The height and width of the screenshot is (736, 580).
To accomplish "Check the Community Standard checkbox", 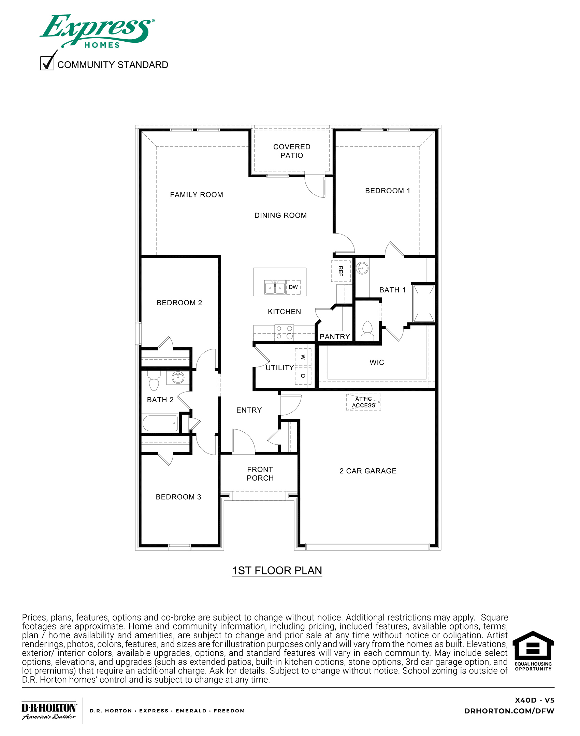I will [47, 63].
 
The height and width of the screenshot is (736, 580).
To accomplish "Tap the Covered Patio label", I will [292, 151].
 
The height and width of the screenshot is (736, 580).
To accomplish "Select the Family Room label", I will [197, 195].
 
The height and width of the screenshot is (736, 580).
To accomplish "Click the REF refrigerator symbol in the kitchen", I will [340, 271].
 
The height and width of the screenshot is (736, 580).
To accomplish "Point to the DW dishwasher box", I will [293, 287].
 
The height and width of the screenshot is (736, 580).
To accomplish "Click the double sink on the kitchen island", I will [275, 288].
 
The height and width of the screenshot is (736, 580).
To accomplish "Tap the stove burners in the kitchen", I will [284, 332].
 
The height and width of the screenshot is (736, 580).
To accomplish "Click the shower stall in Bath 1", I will [423, 304].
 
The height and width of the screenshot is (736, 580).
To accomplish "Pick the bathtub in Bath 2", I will [160, 423].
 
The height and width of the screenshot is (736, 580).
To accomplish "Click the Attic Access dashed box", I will [363, 402].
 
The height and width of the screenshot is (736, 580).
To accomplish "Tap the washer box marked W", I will [303, 357].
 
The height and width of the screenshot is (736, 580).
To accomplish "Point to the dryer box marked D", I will [303, 376].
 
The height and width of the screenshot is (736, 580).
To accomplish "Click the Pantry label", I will [335, 337].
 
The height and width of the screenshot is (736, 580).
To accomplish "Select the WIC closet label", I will [377, 362].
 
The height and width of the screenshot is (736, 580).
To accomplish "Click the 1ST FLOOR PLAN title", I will [277, 571].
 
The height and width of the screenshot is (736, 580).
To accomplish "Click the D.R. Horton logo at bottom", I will [49, 711].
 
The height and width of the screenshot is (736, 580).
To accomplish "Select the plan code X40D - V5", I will [534, 700].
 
